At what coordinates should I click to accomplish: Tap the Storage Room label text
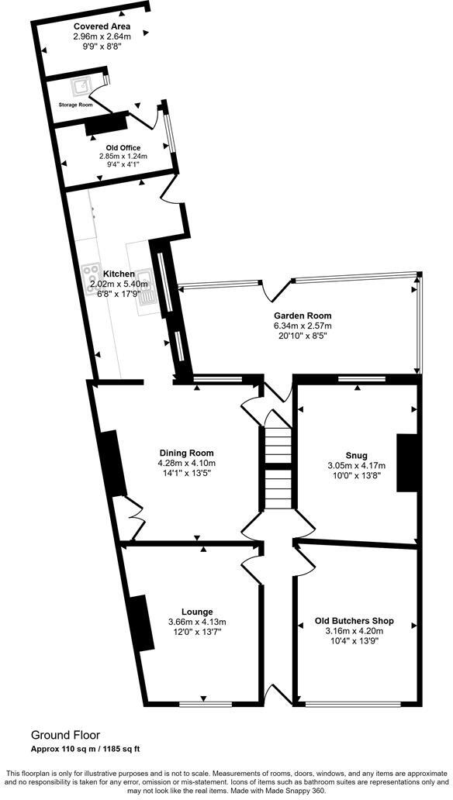coord(75,105)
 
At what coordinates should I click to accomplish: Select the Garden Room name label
coord(302,316)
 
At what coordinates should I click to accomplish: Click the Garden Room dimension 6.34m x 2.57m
coord(302,326)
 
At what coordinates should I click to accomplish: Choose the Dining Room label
coord(186,453)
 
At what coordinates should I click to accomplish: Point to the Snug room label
coord(358,455)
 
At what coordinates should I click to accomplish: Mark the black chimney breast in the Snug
coord(406,462)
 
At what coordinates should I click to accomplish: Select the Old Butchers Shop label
coord(354,621)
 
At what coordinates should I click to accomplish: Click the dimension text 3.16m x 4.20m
coord(354,631)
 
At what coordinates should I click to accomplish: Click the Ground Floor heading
coord(65,735)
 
